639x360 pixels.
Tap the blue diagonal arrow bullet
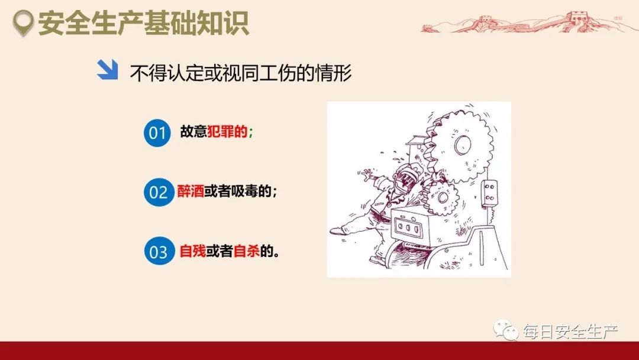108,70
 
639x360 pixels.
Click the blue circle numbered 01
157,133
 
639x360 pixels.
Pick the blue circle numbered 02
157,192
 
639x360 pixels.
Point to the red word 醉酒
191,192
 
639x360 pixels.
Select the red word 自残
192,251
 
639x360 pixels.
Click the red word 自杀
247,251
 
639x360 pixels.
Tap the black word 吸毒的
253,192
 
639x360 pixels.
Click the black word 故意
193,133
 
